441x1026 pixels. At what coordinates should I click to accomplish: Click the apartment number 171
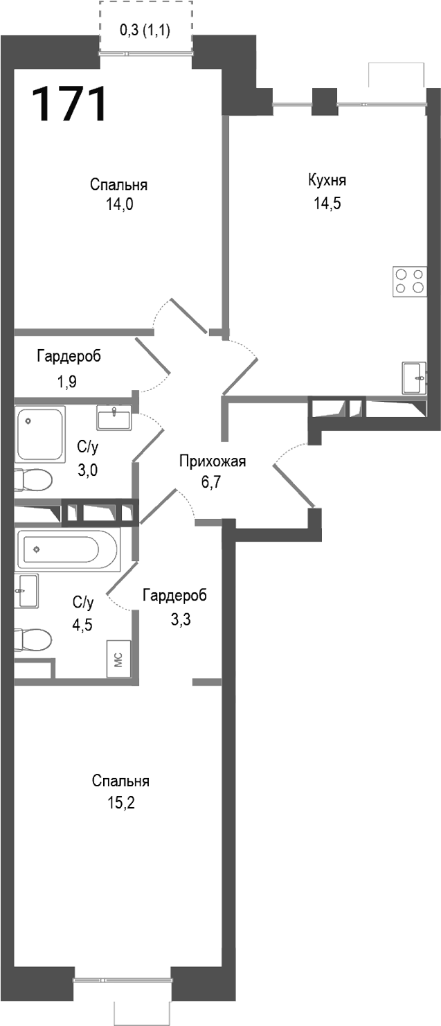coord(69,104)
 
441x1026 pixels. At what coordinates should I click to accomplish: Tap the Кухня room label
coord(327,181)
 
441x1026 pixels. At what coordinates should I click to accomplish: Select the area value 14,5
coord(327,204)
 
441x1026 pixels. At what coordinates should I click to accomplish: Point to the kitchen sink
coord(414,378)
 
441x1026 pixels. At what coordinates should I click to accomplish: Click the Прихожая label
coord(213,462)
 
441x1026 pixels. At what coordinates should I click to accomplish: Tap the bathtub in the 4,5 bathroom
coord(67,549)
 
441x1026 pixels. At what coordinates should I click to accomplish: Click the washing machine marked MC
coord(118,657)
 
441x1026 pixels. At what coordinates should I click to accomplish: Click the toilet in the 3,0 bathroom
coord(33,479)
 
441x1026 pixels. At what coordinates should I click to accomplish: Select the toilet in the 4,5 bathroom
coord(33,639)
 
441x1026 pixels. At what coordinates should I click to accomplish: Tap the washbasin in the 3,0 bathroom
coord(114,418)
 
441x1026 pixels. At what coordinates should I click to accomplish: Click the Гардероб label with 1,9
coord(69,357)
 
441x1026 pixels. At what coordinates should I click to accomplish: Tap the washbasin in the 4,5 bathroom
coord(26,591)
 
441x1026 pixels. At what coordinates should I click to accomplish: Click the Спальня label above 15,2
coord(120,781)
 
